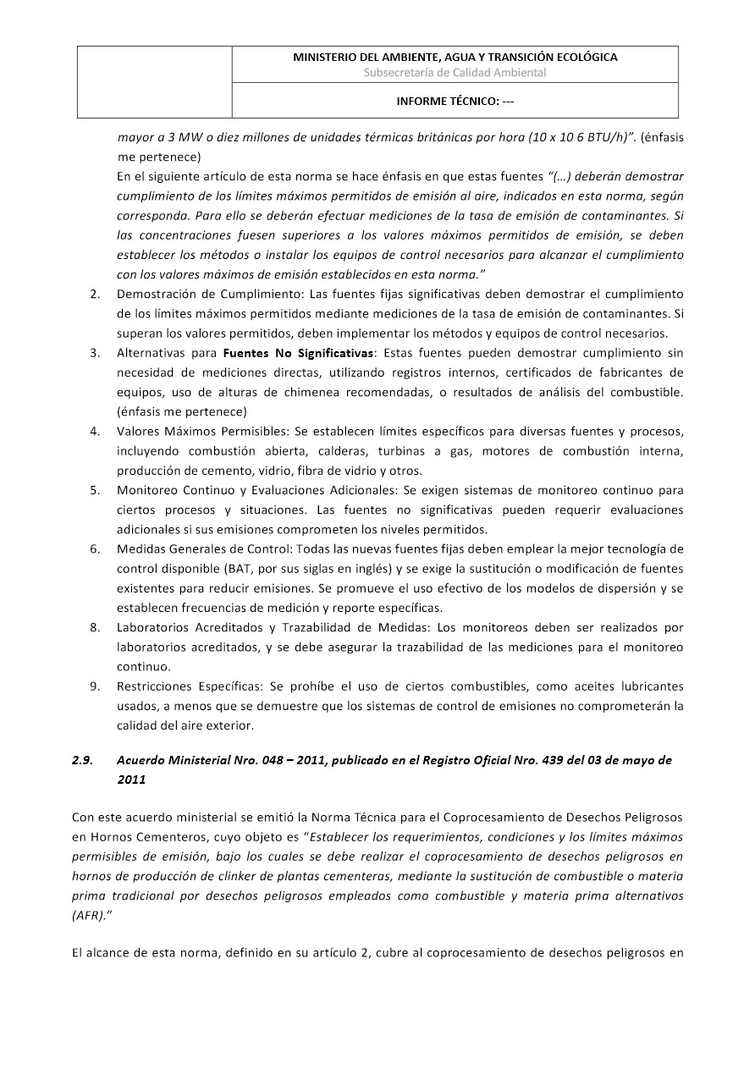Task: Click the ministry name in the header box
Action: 455,58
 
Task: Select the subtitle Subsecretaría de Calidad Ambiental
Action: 455,73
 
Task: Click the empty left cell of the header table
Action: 155,81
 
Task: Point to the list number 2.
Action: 94,294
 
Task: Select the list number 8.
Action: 94,627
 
